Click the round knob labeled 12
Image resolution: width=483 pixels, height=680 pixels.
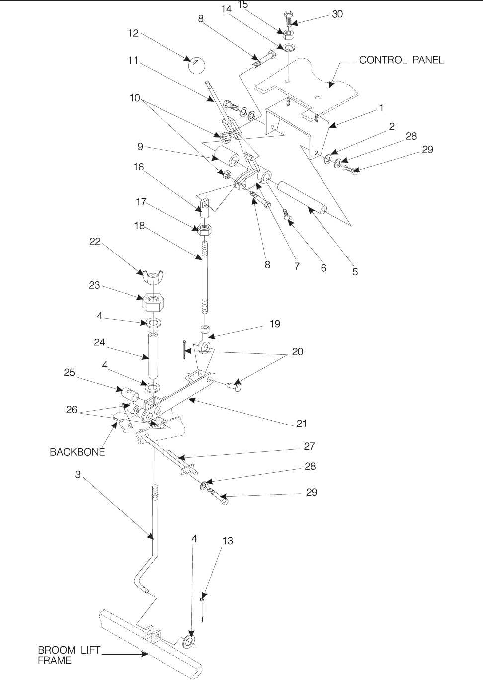(197, 65)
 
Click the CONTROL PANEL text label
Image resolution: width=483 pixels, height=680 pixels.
(402, 60)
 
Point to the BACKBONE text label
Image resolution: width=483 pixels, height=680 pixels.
(78, 452)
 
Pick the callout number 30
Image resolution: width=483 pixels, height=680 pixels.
(337, 14)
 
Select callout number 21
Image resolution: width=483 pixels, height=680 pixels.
(302, 424)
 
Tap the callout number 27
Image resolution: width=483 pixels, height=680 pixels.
(309, 446)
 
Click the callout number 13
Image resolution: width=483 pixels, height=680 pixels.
(227, 541)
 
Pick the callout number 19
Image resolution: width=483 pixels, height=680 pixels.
(275, 324)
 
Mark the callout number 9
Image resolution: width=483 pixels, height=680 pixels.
(141, 147)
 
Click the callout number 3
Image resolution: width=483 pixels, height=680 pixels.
(78, 475)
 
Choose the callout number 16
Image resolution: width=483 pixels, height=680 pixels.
(138, 167)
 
